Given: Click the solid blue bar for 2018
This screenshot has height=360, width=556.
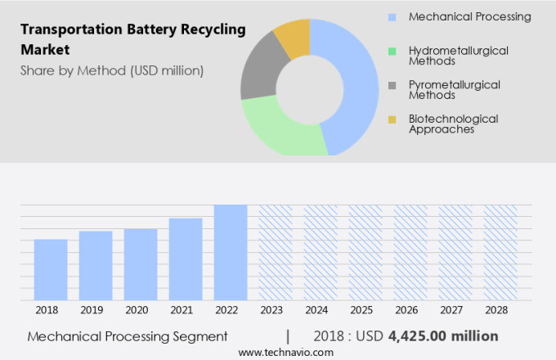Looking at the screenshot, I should pos(51,270).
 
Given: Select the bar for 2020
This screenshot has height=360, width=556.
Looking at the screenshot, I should pos(141,264).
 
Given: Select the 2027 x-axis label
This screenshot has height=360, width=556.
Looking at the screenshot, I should pos(455,311).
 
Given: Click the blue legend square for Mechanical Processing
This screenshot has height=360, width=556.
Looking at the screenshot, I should pos(392,17).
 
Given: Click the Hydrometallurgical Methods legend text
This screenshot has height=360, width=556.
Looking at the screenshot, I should pos(458,56).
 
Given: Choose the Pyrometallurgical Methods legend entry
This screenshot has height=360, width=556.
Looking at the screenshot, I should pos(455,89).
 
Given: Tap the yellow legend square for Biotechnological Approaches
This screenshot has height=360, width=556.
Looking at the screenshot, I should pos(392,119).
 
